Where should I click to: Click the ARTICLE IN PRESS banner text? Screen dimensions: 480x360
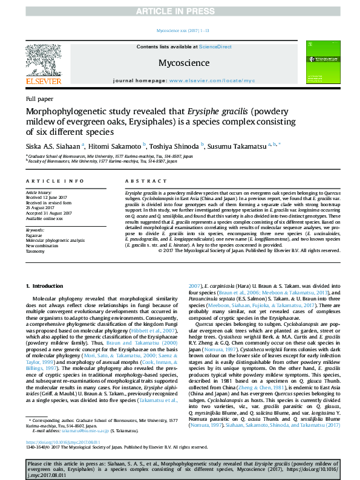pos(180,11)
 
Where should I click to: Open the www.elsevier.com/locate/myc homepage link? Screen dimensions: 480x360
pos(212,80)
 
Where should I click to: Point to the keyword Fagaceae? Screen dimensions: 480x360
pos(35,235)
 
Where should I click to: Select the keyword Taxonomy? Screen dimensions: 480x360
pos(36,251)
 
